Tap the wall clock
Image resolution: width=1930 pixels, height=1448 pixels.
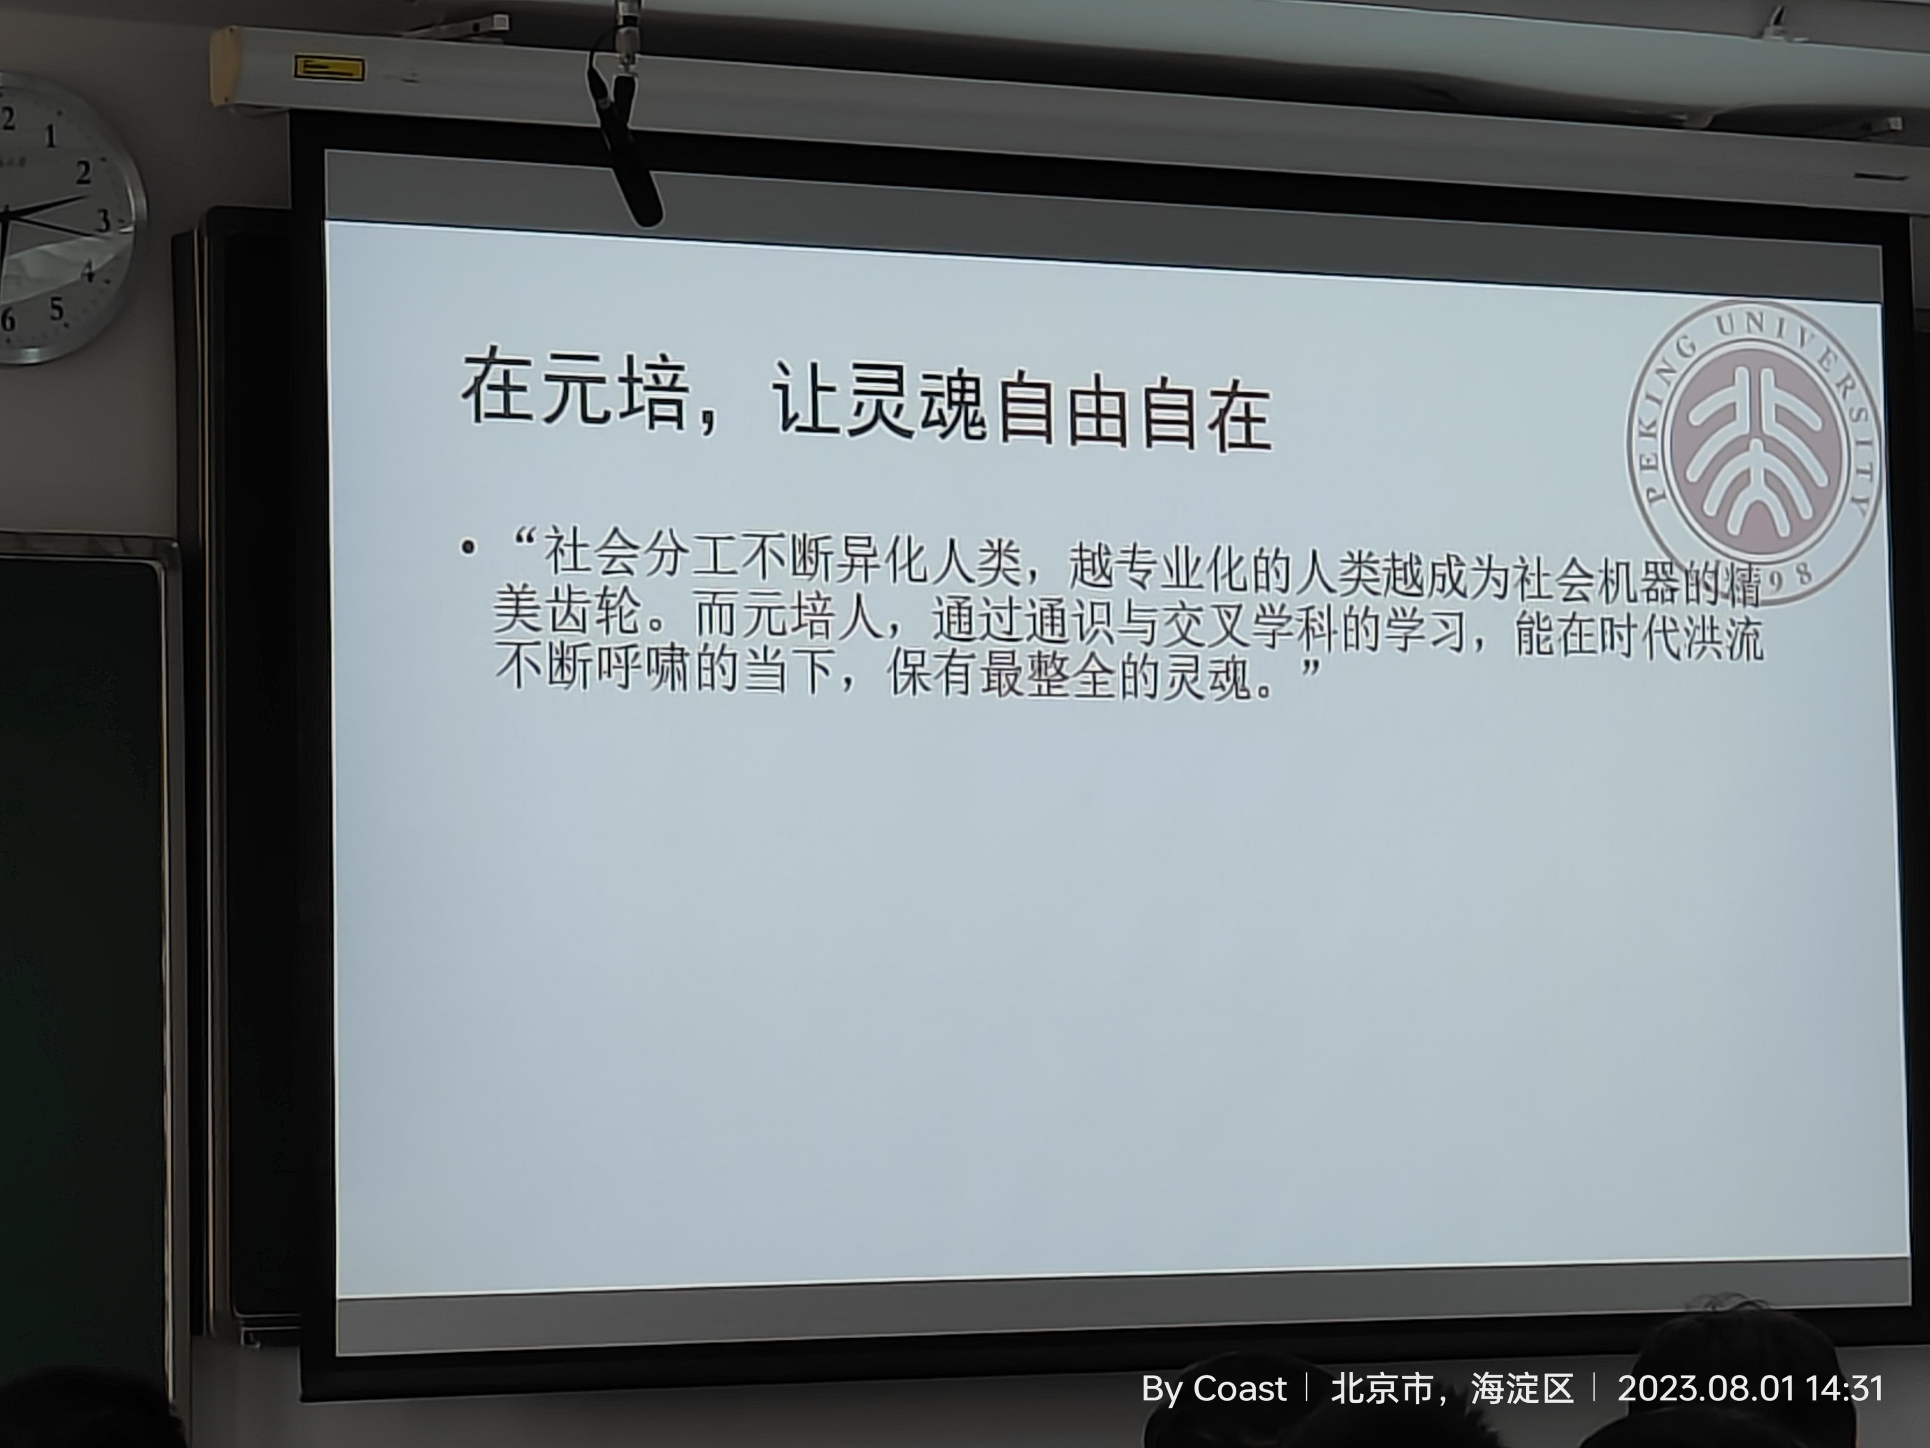point(61,218)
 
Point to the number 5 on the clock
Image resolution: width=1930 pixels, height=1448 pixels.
point(57,308)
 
